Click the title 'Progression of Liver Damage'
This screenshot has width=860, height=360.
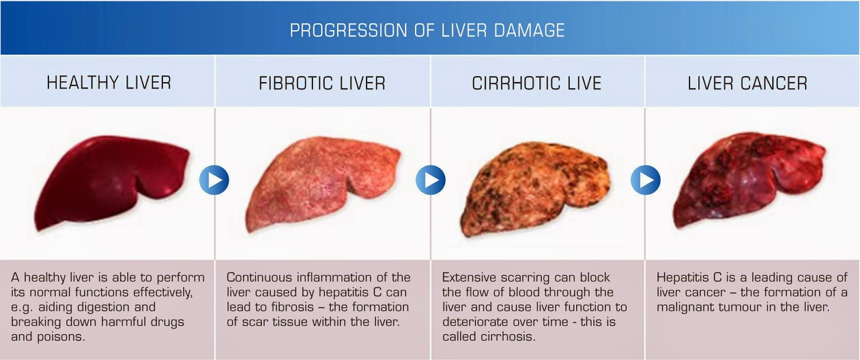click(427, 30)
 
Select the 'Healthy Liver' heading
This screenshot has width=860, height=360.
click(109, 83)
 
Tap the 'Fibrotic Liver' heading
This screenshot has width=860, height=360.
click(322, 83)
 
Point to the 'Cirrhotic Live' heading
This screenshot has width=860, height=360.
click(536, 83)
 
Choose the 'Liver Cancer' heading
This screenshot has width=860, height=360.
click(747, 83)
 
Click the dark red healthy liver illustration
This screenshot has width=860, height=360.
click(110, 180)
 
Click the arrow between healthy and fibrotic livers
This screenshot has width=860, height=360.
click(214, 180)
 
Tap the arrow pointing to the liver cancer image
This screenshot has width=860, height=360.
click(646, 180)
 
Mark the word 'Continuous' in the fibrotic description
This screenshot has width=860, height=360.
click(257, 278)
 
